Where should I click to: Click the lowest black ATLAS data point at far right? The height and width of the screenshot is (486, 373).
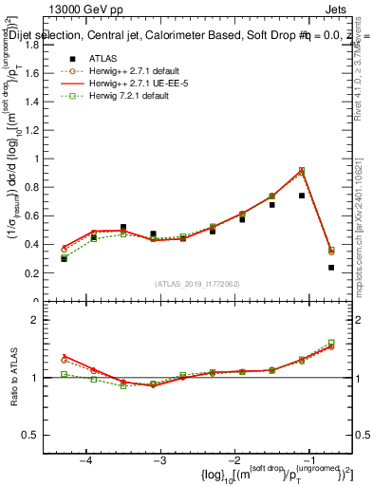[x=331, y=267]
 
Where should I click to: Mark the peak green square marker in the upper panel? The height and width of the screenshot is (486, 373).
[x=302, y=170]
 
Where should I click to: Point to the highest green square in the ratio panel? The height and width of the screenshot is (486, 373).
[x=331, y=343]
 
